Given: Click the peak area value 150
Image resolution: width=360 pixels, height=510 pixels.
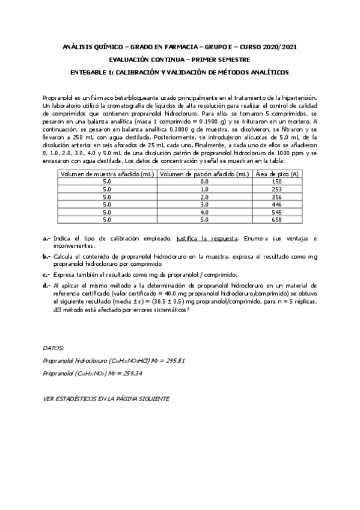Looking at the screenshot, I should [276, 181].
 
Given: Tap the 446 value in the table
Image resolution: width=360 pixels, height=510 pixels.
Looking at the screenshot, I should [276, 204].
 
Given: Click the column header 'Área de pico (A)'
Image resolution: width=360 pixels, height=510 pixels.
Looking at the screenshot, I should [276, 173].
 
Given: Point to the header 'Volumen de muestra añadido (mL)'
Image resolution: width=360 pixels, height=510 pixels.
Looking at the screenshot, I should [107, 173].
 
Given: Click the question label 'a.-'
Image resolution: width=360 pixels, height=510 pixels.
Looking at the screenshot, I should [46, 239].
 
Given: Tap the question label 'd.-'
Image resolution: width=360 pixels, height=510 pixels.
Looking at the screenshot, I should [46, 286].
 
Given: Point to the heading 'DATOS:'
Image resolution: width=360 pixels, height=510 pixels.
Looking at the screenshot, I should [54, 348].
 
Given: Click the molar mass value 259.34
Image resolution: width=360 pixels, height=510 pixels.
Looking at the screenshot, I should [132, 373].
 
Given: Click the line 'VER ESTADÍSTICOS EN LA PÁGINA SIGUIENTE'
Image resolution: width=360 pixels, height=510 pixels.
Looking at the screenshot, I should [106, 399].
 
